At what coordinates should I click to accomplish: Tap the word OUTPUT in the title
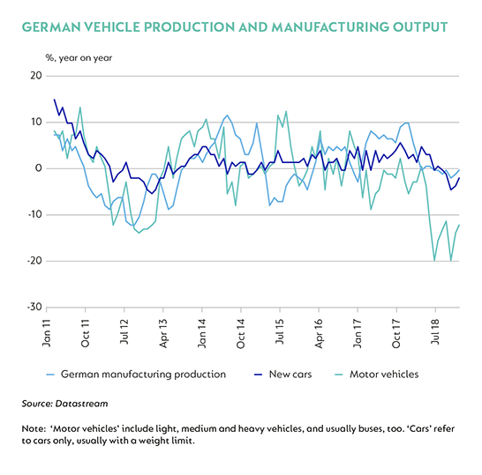click(x=420, y=27)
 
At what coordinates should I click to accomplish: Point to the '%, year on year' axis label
click(x=79, y=58)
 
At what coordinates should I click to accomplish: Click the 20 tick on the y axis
click(x=36, y=76)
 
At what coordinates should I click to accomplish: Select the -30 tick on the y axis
click(x=34, y=307)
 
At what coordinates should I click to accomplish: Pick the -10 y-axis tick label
click(x=34, y=214)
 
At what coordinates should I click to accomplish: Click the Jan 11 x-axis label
click(x=47, y=333)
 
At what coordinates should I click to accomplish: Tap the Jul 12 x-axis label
click(x=124, y=332)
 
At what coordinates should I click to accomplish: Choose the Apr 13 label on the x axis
click(x=163, y=333)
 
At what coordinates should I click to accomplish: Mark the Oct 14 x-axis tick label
click(x=241, y=334)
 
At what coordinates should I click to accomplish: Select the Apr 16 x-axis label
click(x=319, y=333)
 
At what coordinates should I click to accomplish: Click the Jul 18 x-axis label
click(x=435, y=332)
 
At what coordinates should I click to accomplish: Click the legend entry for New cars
click(x=282, y=375)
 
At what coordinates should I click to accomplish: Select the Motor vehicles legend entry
click(x=377, y=375)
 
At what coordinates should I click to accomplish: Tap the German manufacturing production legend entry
click(x=136, y=375)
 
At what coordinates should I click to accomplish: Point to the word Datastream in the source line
click(x=82, y=404)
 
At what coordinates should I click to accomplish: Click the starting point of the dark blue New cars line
click(x=55, y=100)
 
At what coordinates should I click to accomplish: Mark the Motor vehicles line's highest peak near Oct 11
click(x=80, y=108)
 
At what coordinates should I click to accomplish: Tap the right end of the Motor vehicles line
click(x=459, y=225)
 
